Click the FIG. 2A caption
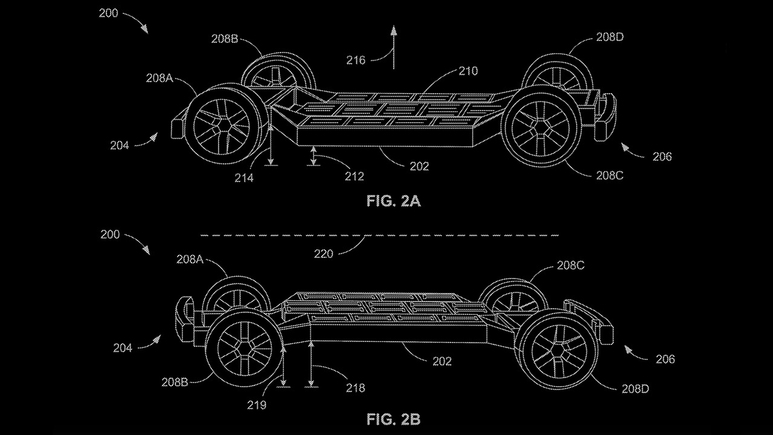pyautogui.click(x=393, y=201)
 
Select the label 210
pyautogui.click(x=467, y=71)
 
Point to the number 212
pyautogui.click(x=354, y=176)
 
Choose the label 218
pyautogui.click(x=354, y=388)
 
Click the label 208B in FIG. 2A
pyautogui.click(x=225, y=39)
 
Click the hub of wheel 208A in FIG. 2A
pyautogui.click(x=221, y=126)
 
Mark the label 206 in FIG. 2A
pyautogui.click(x=662, y=156)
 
